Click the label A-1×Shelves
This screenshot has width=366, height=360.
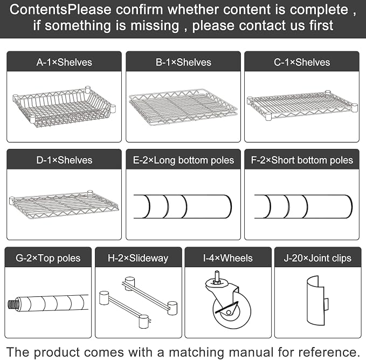64,63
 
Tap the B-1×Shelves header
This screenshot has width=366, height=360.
183,63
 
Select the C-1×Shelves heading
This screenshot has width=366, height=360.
302,63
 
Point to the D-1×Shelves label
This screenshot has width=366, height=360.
64,160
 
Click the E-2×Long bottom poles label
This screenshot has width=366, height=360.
183,160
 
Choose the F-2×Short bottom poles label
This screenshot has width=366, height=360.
302,160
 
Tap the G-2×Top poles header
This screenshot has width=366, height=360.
48,259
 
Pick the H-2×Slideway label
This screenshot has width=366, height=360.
138,259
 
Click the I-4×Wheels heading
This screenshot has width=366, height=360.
228,259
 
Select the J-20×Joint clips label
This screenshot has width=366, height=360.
317,259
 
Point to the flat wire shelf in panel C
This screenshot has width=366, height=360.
302,105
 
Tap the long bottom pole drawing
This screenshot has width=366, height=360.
183,207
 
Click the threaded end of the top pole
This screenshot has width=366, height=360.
12,304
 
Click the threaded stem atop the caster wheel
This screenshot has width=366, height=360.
217,276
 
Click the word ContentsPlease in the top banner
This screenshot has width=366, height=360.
61,10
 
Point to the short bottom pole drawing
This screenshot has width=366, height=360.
303,207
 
